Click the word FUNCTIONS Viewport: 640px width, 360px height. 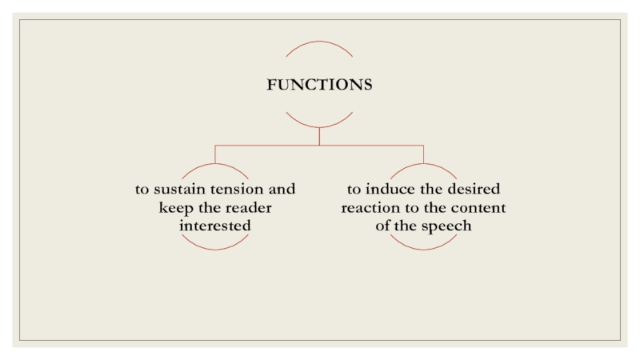click(x=319, y=85)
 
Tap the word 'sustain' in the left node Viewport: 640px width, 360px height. click(x=178, y=190)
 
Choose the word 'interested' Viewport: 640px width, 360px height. click(x=215, y=226)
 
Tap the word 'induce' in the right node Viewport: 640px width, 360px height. click(x=388, y=190)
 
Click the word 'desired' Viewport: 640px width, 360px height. click(x=471, y=190)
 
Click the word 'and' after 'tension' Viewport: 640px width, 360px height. click(x=282, y=190)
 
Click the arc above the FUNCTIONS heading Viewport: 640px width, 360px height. click(x=319, y=43)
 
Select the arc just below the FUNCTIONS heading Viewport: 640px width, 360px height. click(x=319, y=126)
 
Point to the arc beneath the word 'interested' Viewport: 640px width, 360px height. click(x=215, y=248)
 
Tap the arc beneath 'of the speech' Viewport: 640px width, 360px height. click(x=423, y=248)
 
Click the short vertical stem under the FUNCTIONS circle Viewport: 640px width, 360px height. click(x=319, y=137)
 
